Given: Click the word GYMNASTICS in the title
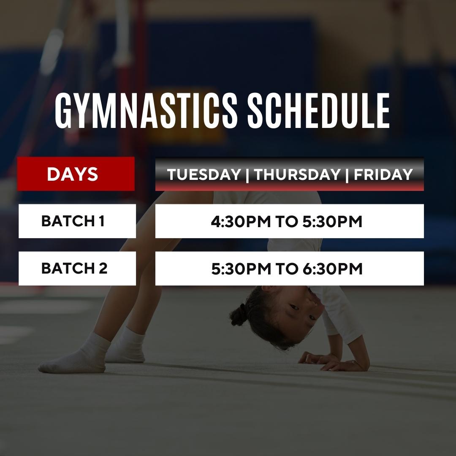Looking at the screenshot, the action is click(146, 111).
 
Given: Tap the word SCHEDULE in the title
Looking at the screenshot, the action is click(318, 111).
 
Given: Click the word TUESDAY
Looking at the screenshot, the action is click(204, 174).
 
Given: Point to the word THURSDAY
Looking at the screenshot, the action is click(297, 174).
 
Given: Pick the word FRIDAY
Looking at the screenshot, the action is click(383, 174).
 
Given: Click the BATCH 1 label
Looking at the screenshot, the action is click(73, 221).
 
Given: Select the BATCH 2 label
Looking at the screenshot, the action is click(74, 268).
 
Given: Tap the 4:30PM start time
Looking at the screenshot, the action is click(241, 222).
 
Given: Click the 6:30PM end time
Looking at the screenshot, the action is click(333, 269).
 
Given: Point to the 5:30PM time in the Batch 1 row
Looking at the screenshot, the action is click(332, 222).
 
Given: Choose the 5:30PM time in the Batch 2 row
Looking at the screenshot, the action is click(241, 269).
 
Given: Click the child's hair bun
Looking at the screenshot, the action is click(239, 315).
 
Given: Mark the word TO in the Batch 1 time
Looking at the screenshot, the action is click(286, 222).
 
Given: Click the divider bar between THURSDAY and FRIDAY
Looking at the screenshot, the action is click(347, 175).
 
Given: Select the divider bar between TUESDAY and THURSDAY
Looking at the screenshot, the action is click(247, 175).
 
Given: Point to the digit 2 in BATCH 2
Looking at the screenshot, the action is click(103, 268).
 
